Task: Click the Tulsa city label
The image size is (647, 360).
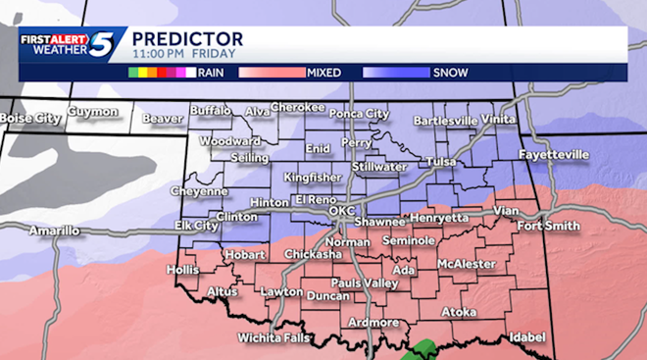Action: pos(443,161)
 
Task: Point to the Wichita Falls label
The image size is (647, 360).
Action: pos(274,337)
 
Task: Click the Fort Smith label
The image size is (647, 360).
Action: pos(542,228)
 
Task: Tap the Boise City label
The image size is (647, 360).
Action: pos(31,119)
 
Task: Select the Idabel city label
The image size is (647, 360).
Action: pos(526,336)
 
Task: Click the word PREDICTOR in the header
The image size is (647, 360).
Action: pos(187,39)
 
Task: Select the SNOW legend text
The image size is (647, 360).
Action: pos(449,72)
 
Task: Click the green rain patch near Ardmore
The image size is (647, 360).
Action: pos(424,350)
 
